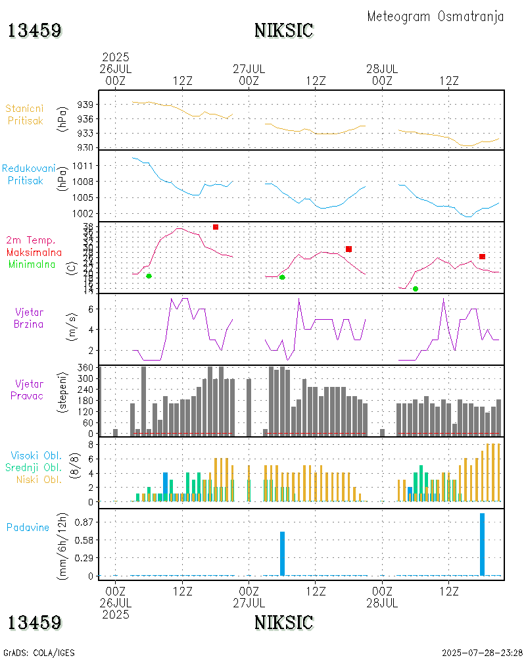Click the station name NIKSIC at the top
tap(283, 30)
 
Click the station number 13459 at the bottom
tap(35, 622)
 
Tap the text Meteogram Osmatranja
tap(435, 16)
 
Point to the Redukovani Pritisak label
tap(28, 174)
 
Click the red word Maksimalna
tap(34, 253)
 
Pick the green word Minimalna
tap(32, 265)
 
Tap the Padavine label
tap(28, 527)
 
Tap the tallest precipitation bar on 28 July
tap(482, 544)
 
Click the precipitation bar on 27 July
tap(282, 553)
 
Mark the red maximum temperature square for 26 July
tap(216, 227)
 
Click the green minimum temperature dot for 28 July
tap(416, 289)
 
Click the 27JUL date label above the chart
tap(249, 68)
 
